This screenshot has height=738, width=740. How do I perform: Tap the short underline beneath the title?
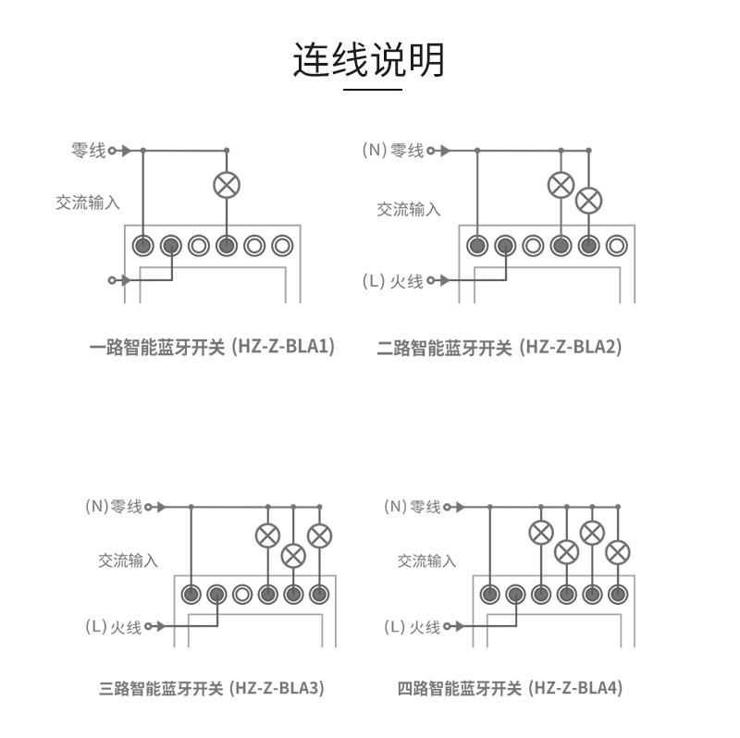coord(373,90)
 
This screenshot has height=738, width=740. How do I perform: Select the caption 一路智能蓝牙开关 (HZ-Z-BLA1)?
coord(212,348)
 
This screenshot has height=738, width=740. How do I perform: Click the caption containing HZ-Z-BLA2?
coord(499,348)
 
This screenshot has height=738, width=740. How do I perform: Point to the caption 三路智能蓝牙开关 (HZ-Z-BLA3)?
coord(211,688)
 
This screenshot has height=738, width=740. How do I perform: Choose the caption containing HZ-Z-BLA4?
coord(510,688)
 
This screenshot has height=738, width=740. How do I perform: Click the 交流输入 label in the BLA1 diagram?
coord(88,203)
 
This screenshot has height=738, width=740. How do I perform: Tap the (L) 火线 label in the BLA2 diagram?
coord(395,281)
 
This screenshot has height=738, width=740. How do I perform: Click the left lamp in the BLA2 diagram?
coord(561,184)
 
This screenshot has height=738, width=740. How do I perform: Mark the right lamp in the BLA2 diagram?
coord(588,200)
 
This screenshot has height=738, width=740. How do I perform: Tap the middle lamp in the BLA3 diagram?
coord(293,555)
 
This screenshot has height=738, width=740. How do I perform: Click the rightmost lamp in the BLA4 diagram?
coord(618,553)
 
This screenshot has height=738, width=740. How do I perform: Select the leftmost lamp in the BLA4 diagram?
coord(541,532)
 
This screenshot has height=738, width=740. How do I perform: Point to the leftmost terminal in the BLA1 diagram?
coord(143,246)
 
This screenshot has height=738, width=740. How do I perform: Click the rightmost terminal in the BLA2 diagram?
coord(616,246)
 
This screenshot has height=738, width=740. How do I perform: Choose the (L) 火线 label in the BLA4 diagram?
coord(413,627)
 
